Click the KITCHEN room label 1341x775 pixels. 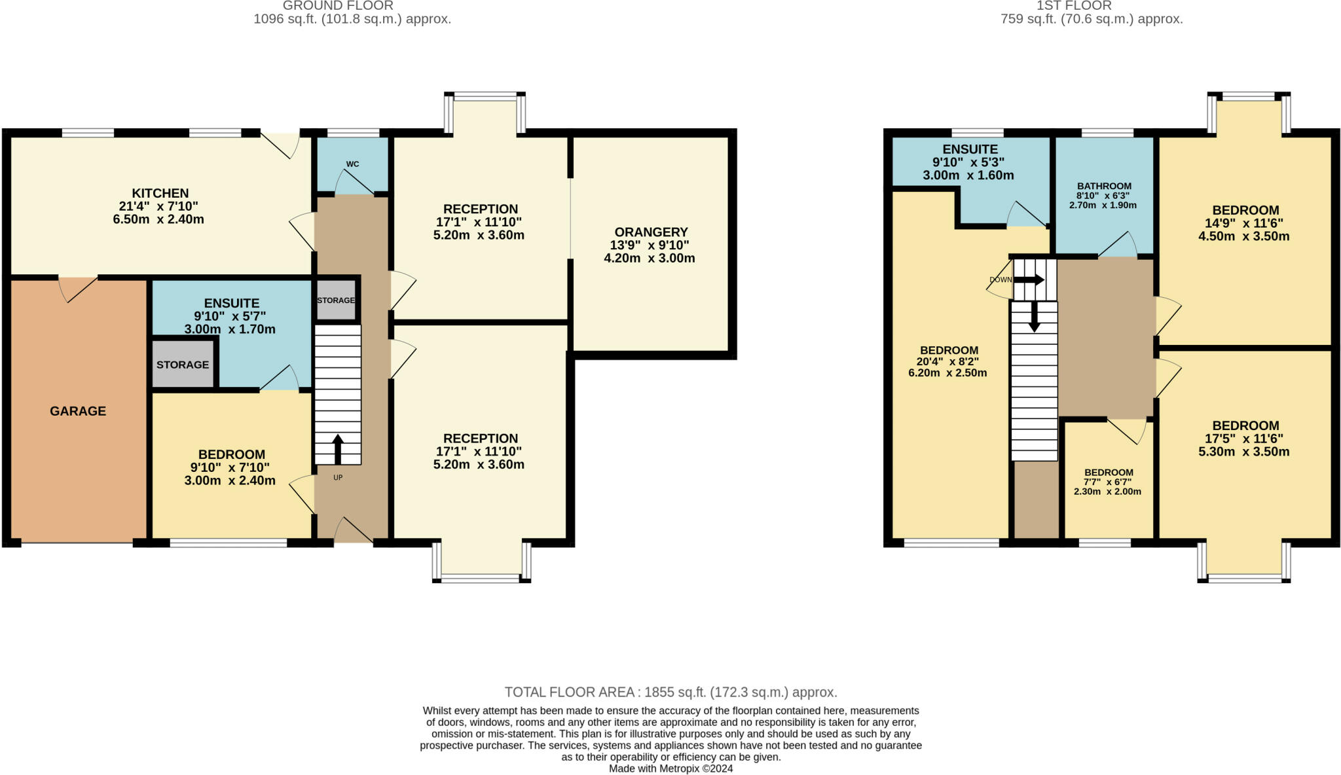[x=160, y=193]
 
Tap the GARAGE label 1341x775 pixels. [x=78, y=411]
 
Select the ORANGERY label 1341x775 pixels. [x=651, y=232]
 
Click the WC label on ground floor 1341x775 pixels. [x=352, y=164]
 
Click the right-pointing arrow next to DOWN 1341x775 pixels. [x=1029, y=279]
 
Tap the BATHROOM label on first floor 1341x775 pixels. [x=1104, y=186]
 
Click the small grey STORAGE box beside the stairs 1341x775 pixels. [x=336, y=300]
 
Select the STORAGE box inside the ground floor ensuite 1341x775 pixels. [x=183, y=365]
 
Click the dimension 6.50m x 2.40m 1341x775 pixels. [x=158, y=219]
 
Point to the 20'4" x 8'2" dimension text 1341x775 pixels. [x=947, y=361]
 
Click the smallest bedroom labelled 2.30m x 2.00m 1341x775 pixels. [x=1107, y=492]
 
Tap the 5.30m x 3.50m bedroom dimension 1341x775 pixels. [x=1244, y=452]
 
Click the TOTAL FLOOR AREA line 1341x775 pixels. [x=670, y=692]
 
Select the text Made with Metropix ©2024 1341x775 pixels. [x=670, y=768]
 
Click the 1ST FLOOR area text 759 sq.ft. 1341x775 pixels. [x=1092, y=19]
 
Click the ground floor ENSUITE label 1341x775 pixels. [x=232, y=303]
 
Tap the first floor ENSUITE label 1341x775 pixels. [x=970, y=149]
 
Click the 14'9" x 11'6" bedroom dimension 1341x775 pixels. [x=1244, y=223]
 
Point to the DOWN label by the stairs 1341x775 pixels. [x=1000, y=279]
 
